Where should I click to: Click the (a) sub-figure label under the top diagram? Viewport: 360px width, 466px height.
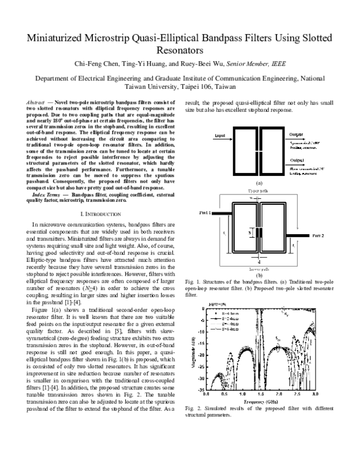click(259, 181)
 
